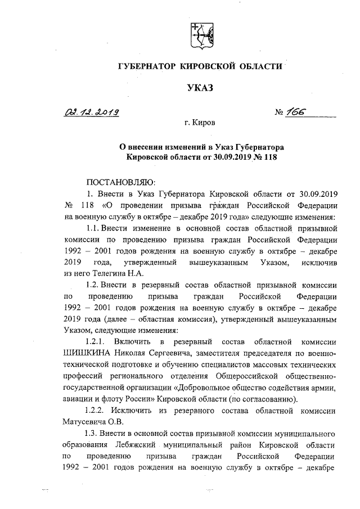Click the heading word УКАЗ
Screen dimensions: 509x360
coord(200,87)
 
